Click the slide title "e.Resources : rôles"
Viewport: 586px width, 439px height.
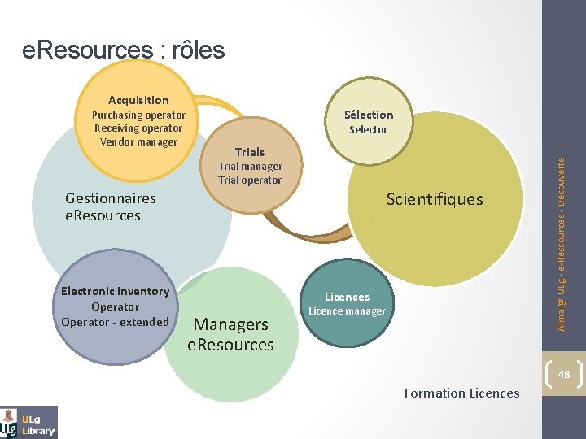(x=124, y=50)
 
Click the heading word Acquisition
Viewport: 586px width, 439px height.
(x=138, y=100)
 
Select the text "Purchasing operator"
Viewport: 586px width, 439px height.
(x=138, y=115)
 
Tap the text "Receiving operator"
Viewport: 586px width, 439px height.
(x=138, y=128)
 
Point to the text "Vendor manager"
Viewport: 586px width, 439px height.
(x=138, y=142)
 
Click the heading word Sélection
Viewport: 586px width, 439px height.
(x=369, y=115)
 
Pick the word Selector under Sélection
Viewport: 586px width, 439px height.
(x=369, y=129)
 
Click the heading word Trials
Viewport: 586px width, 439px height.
(x=250, y=152)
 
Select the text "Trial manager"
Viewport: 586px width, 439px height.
(x=250, y=166)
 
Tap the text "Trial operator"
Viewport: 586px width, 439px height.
(x=250, y=180)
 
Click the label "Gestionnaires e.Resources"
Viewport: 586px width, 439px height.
(x=110, y=206)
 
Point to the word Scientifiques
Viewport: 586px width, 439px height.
(x=435, y=199)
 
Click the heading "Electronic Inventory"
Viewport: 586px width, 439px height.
(x=116, y=291)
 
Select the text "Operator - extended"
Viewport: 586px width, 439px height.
(x=116, y=322)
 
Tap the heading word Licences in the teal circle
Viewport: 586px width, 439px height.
(x=348, y=297)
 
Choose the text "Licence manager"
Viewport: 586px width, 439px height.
(x=348, y=311)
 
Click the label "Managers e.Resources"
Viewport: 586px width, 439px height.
(x=231, y=334)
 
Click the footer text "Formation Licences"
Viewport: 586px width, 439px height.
(x=461, y=393)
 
